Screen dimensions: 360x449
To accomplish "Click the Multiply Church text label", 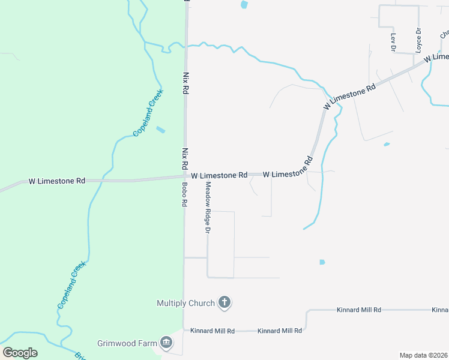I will click(185, 303).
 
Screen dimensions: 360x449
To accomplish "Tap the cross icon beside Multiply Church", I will click(224, 302).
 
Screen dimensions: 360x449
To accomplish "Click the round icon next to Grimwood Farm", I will click(166, 343).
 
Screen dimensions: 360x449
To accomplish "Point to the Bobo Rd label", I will click(185, 195).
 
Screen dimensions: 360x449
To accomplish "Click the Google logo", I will click(20, 352).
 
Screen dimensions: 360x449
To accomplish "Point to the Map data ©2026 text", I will click(423, 355).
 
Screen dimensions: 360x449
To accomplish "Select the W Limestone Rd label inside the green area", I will click(58, 181).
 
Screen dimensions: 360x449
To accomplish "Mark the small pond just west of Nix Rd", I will click(160, 129).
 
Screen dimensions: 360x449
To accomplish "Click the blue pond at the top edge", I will click(244, 4).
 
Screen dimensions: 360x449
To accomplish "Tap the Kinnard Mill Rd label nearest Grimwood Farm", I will click(212, 331).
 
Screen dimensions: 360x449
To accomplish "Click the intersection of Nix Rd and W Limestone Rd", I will click(184, 176).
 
